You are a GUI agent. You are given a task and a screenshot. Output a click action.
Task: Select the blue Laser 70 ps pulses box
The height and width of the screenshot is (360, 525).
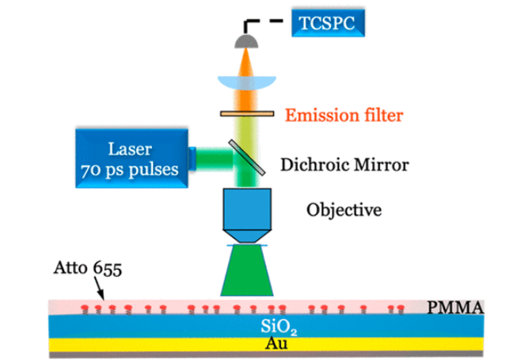[132, 158]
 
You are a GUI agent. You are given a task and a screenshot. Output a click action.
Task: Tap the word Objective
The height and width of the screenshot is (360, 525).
[344, 210]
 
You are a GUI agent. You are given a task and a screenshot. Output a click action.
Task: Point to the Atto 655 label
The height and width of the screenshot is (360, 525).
[89, 270]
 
